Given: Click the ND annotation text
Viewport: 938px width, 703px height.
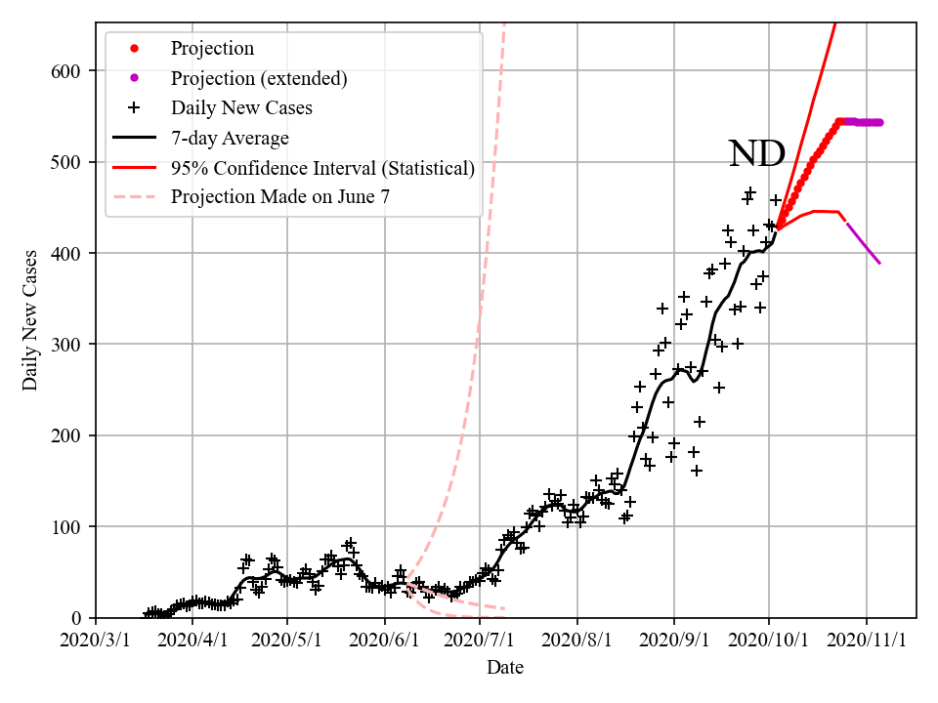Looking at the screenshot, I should click(757, 153).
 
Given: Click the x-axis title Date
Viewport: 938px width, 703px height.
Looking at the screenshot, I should click(505, 668).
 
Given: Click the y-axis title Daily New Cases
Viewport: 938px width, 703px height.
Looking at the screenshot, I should click(30, 319).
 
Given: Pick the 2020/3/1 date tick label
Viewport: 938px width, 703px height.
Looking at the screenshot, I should click(96, 641).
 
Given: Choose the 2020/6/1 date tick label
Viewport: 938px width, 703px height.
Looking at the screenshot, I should click(385, 641).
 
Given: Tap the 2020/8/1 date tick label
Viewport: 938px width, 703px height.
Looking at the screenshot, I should click(577, 641).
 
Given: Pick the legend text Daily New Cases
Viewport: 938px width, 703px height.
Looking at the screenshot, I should click(241, 107).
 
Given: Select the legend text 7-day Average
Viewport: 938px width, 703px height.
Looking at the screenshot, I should click(229, 138).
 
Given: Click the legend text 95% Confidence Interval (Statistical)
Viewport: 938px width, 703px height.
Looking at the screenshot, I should click(322, 168).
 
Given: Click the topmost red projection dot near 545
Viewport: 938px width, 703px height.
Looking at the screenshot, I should click(839, 122).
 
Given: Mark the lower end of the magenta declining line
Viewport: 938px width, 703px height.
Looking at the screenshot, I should click(880, 264).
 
